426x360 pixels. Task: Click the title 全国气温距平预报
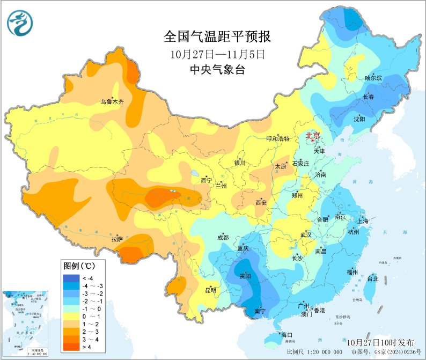click(x=217, y=37)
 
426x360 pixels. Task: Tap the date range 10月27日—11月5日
click(x=217, y=54)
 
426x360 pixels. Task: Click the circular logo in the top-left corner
click(x=20, y=24)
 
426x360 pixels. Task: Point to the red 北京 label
click(x=313, y=136)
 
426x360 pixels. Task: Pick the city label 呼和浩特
click(x=278, y=138)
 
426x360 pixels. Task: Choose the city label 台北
click(x=372, y=278)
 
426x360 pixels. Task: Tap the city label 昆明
click(x=210, y=290)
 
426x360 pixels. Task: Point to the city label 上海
click(x=362, y=221)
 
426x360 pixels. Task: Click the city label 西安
click(x=261, y=202)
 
